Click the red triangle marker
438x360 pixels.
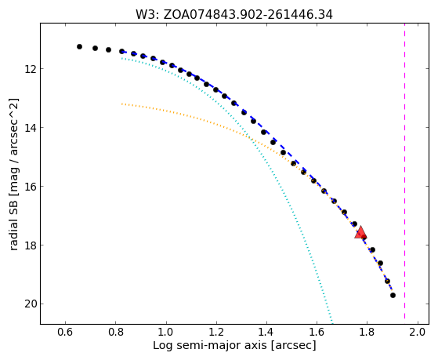coord(360,232)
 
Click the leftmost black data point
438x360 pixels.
coord(79,47)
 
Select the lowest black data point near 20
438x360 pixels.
coord(393,295)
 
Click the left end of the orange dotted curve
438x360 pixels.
coord(121,104)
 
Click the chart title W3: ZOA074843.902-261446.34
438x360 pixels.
coord(234,15)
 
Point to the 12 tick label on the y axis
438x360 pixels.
coord(30,68)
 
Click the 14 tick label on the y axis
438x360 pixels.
coord(30,128)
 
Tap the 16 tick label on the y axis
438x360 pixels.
coord(30,187)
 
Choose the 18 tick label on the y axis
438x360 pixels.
coord(30,245)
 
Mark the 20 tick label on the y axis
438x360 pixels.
coord(30,304)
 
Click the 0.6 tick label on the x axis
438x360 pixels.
coord(65,333)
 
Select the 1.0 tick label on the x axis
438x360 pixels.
coord(166,333)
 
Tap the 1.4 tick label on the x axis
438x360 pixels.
coord(266,333)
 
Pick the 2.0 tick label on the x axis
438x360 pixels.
coord(418,333)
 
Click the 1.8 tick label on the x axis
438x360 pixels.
coord(367,333)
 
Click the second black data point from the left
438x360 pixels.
coord(95,48)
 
